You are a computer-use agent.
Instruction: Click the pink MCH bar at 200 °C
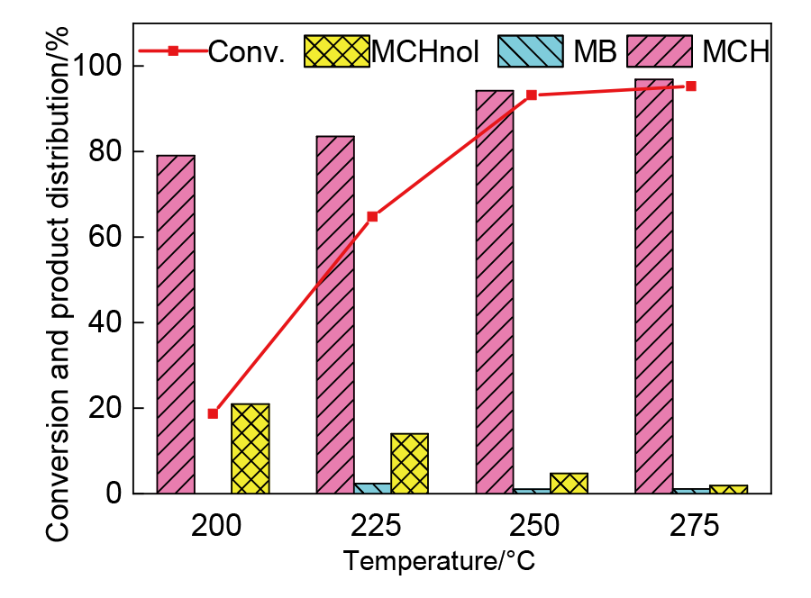[x=176, y=324]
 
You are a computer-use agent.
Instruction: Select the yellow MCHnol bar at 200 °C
[x=251, y=448]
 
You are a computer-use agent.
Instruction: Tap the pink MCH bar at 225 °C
[x=334, y=315]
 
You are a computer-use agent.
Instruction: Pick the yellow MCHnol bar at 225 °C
[x=409, y=463]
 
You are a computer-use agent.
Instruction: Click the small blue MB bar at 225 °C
[x=372, y=488]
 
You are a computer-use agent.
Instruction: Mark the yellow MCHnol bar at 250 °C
[x=569, y=483]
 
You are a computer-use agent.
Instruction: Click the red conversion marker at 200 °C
[x=213, y=413]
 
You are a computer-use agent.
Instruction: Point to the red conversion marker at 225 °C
[x=372, y=216]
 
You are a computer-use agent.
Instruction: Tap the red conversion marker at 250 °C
[x=532, y=95]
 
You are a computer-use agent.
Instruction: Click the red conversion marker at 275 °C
[x=691, y=86]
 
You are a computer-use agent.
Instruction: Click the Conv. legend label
[x=246, y=51]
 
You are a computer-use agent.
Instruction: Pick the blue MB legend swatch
[x=530, y=50]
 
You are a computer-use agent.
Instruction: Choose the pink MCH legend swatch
[x=660, y=50]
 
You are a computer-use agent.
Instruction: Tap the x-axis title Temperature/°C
[x=439, y=562]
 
